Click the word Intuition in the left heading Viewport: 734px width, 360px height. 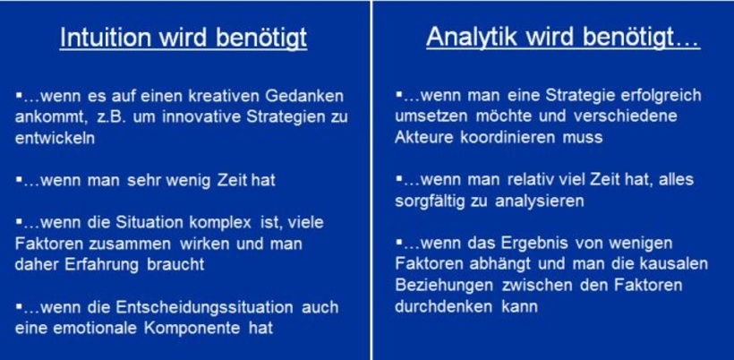(x=103, y=39)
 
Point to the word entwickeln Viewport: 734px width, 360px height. (x=54, y=139)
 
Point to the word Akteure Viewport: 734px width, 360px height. (x=422, y=138)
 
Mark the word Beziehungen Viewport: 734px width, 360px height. (x=439, y=286)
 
